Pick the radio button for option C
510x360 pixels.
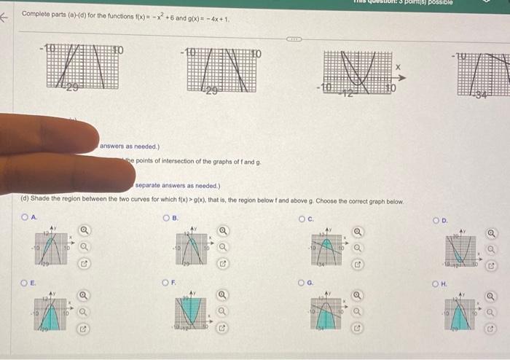click(302, 217)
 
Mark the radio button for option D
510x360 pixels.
click(436, 219)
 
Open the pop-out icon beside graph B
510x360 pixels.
click(224, 262)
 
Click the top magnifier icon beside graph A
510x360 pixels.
click(85, 231)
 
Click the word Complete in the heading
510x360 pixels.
click(35, 14)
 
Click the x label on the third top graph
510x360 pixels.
click(398, 66)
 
